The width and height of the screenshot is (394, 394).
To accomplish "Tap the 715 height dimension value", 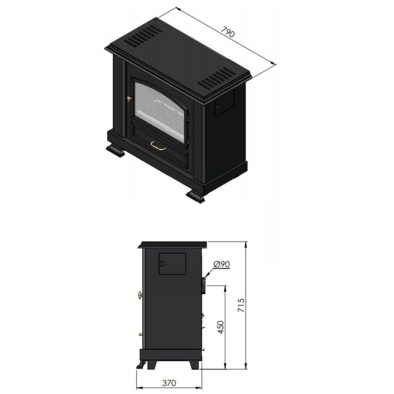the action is click(x=241, y=305).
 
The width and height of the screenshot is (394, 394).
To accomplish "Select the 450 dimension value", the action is click(x=220, y=327).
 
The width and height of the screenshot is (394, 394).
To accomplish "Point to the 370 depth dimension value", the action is click(x=169, y=383).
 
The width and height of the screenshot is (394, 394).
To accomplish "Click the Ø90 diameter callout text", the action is click(x=221, y=264).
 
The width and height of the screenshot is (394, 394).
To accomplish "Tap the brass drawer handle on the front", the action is click(x=158, y=146).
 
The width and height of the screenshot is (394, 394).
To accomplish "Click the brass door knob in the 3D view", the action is click(x=129, y=100).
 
